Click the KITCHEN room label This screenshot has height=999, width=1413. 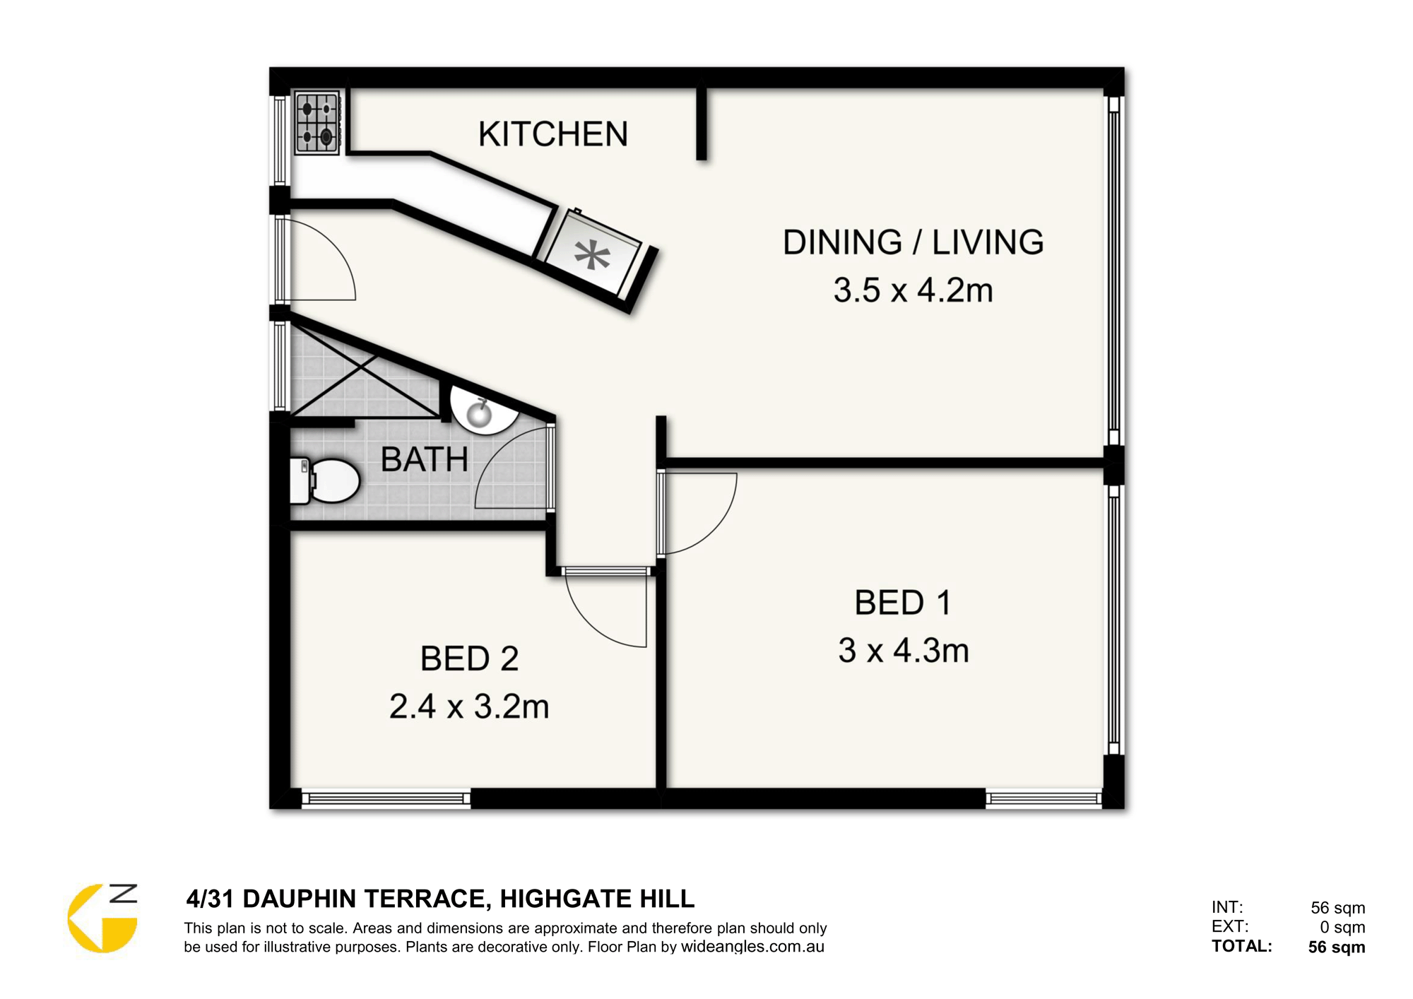pyautogui.click(x=553, y=134)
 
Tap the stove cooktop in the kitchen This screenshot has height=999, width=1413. pyautogui.click(x=317, y=122)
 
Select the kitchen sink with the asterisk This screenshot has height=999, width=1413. pyautogui.click(x=593, y=255)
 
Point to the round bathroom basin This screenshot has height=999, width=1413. pyautogui.click(x=483, y=411)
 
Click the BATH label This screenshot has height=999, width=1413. pyautogui.click(x=425, y=460)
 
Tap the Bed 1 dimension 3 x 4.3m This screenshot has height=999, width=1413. pyautogui.click(x=904, y=651)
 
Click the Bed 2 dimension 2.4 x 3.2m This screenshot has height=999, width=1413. pyautogui.click(x=469, y=707)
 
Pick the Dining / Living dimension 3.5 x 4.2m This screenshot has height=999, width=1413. pyautogui.click(x=913, y=290)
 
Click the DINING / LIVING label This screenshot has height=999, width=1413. pyautogui.click(x=913, y=242)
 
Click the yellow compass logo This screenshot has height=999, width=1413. pyautogui.click(x=102, y=918)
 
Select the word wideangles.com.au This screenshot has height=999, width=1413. pyautogui.click(x=752, y=947)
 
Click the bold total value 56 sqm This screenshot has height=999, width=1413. pyautogui.click(x=1337, y=947)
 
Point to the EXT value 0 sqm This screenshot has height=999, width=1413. pyautogui.click(x=1342, y=927)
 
